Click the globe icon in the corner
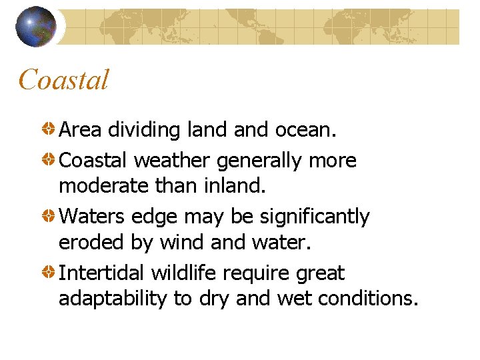point(35,26)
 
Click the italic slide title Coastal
point(63,81)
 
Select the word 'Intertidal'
point(102,273)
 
